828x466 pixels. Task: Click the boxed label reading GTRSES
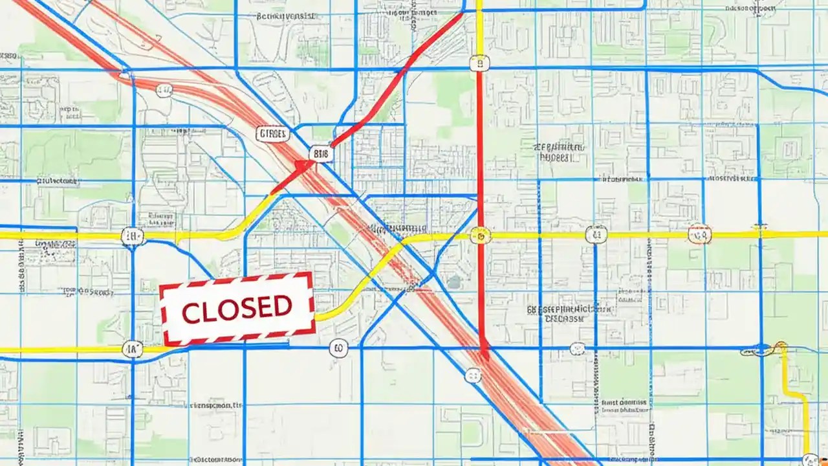(272, 134)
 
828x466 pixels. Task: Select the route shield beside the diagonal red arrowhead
(321, 153)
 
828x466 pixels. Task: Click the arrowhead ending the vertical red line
(483, 353)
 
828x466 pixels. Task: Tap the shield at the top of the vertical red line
(479, 63)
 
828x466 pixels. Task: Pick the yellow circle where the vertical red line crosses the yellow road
(480, 235)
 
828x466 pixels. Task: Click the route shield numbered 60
(338, 349)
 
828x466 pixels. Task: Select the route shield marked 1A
(132, 349)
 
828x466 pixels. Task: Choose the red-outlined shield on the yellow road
(699, 234)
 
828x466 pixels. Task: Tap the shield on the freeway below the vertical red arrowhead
(473, 375)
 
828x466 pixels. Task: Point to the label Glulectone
(397, 229)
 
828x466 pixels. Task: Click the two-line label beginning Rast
(624, 406)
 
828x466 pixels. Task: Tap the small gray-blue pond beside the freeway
(454, 282)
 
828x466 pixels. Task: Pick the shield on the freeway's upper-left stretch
(164, 90)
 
